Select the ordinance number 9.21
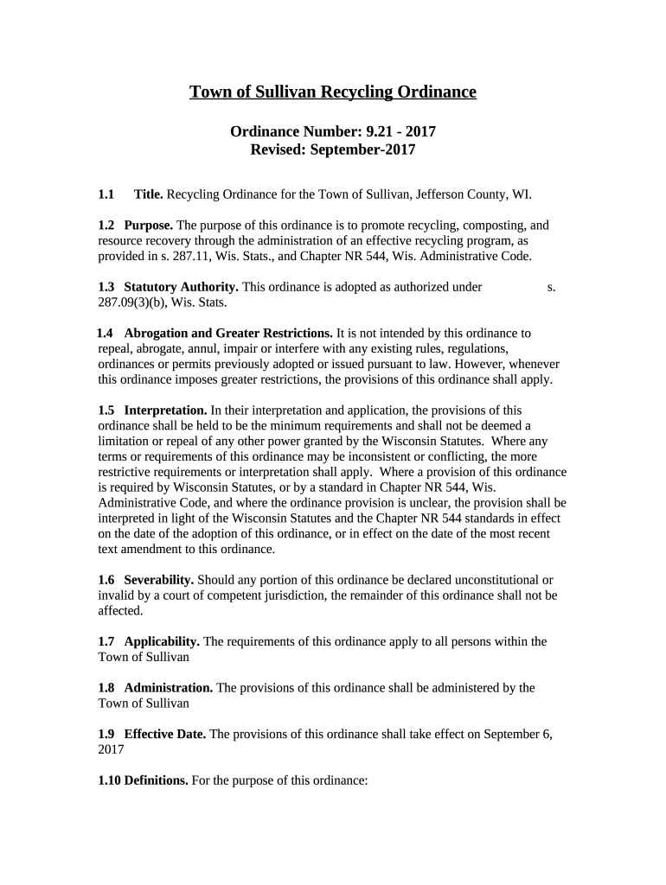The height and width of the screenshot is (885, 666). tap(371, 132)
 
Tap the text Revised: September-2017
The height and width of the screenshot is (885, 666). tap(333, 150)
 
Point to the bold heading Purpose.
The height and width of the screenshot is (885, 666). tap(149, 225)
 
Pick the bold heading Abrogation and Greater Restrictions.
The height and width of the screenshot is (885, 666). tap(228, 333)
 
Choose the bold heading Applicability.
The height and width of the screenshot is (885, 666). tap(163, 641)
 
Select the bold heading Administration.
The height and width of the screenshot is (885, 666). tap(169, 688)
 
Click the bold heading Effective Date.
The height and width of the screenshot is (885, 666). tap(165, 735)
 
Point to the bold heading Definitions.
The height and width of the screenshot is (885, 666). tap(157, 780)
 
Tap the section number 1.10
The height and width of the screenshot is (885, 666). tap(110, 780)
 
